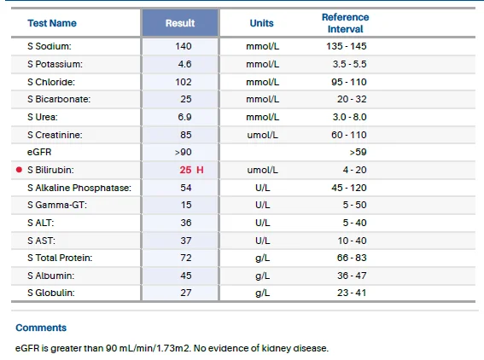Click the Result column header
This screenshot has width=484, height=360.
(x=180, y=23)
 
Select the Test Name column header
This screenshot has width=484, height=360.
(x=52, y=23)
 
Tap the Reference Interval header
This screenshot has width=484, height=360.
(x=345, y=23)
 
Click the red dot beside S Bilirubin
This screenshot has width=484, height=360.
(x=19, y=170)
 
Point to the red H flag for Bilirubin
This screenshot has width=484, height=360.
(x=200, y=170)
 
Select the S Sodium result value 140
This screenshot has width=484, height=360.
(x=184, y=46)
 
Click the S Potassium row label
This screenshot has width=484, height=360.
(x=55, y=64)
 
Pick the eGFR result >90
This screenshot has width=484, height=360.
(x=183, y=152)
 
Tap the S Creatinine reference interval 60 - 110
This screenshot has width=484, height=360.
(x=349, y=135)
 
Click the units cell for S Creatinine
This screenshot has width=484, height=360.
(x=262, y=135)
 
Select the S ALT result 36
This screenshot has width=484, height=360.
(x=186, y=223)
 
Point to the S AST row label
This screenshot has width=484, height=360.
(x=41, y=241)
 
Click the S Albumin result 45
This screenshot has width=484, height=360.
(x=186, y=276)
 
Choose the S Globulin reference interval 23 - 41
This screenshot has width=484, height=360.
(x=352, y=293)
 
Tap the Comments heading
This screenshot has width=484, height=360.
(x=41, y=328)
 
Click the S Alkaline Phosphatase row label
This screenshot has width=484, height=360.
(x=79, y=188)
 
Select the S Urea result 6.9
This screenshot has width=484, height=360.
(x=184, y=117)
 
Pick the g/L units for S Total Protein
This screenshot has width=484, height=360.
(x=262, y=258)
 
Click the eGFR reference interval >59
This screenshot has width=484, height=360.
(x=358, y=152)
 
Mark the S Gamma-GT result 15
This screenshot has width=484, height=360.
(x=186, y=205)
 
